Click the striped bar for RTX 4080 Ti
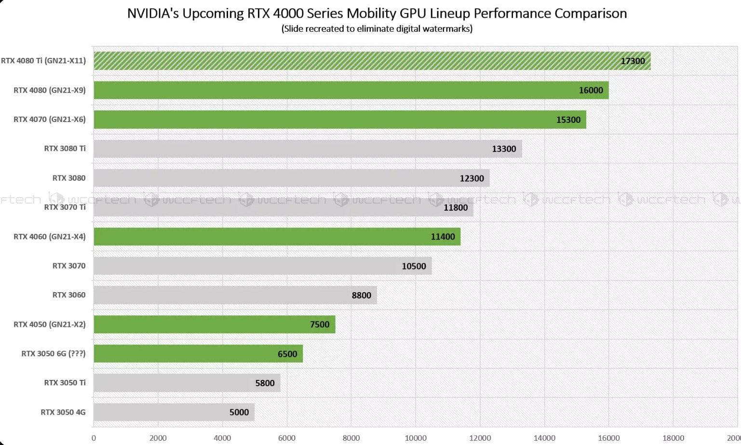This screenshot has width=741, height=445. click(371, 61)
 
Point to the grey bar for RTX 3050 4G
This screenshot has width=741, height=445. click(174, 412)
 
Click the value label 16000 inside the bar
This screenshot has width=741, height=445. click(591, 90)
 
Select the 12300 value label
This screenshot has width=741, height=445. click(472, 178)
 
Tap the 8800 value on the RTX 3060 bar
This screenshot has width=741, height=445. click(361, 295)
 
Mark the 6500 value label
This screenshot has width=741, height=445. click(287, 354)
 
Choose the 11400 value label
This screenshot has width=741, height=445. click(443, 237)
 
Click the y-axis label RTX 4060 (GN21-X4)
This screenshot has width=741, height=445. click(50, 237)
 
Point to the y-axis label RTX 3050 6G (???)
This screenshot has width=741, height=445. click(54, 354)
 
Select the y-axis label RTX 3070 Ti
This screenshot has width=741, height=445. click(65, 207)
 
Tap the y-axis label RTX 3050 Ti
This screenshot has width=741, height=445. click(65, 383)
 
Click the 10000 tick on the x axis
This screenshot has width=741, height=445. click(416, 438)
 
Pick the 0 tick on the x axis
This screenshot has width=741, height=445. click(94, 438)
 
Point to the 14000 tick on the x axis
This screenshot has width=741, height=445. click(544, 438)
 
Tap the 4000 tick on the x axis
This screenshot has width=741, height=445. click(222, 438)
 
